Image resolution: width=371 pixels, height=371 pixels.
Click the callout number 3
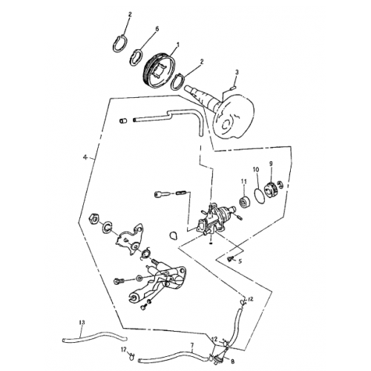[x=236, y=72]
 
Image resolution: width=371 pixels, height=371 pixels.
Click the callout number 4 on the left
[x=85, y=158]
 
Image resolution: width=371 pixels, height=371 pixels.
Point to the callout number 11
[x=243, y=182]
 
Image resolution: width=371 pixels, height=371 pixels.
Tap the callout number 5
[x=240, y=261]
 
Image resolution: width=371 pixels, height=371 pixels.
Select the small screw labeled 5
[x=229, y=257]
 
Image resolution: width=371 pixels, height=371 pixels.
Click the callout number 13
[x=82, y=321]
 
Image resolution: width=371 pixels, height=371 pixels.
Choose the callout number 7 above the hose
[x=191, y=345]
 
